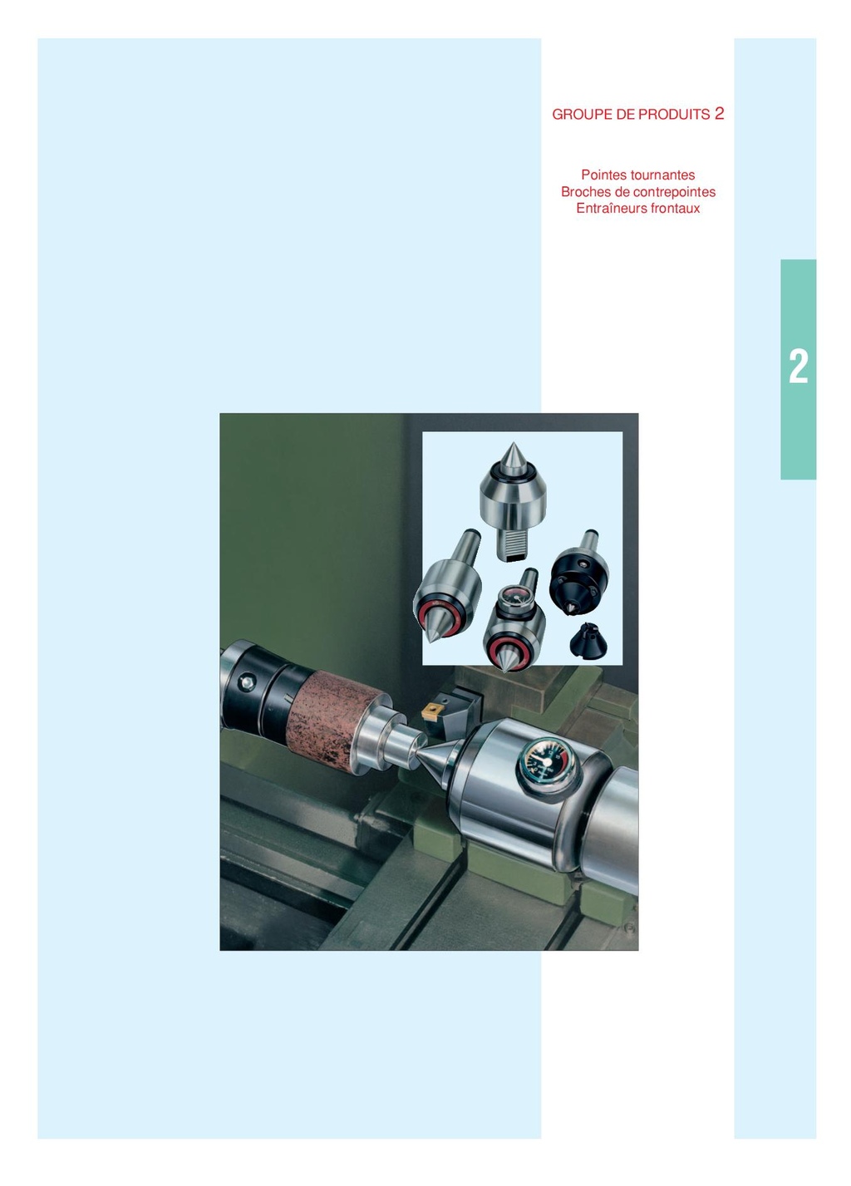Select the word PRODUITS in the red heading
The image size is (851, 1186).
[674, 115]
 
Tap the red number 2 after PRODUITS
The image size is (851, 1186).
[719, 113]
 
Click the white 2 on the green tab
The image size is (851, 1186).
[798, 367]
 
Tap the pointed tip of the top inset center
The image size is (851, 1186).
[512, 444]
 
